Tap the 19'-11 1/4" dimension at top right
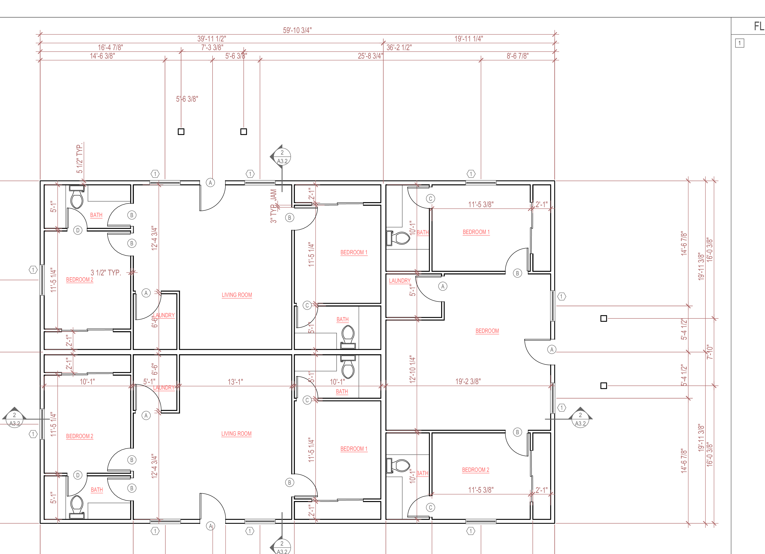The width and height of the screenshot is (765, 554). click(x=469, y=39)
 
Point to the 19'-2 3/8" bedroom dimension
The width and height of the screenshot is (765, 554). click(x=468, y=381)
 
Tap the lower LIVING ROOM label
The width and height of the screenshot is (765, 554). click(x=236, y=434)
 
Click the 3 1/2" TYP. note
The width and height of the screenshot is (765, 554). click(x=106, y=272)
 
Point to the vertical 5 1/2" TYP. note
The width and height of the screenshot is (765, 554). click(x=80, y=158)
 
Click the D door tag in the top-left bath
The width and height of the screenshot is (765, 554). click(x=78, y=230)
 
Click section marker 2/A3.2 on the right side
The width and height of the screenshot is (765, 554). click(x=580, y=419)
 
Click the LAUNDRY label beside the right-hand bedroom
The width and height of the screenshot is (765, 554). click(x=400, y=280)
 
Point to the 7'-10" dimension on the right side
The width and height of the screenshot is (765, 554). click(x=710, y=352)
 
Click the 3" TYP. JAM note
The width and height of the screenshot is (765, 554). click(x=273, y=206)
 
